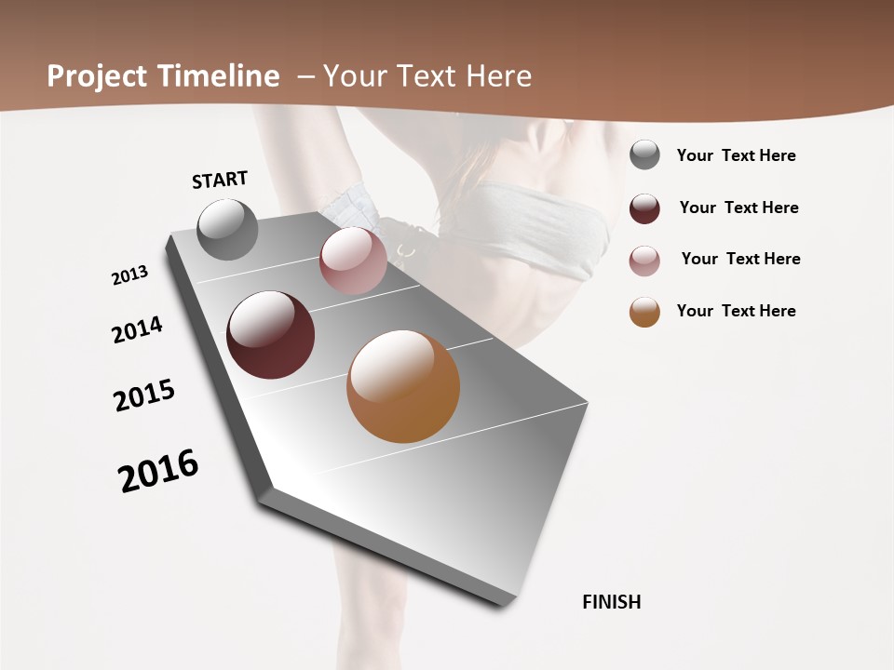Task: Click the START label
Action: [x=220, y=180]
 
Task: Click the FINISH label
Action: [x=611, y=602]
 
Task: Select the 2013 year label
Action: [x=129, y=275]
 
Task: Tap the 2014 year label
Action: [x=137, y=329]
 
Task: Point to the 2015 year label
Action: [x=144, y=395]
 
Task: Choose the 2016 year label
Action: [x=158, y=471]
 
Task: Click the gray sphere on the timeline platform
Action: [x=227, y=229]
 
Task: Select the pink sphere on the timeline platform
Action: [x=353, y=261]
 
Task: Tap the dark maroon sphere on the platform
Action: [x=270, y=335]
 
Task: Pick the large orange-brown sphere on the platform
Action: [x=403, y=386]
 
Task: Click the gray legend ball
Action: [x=644, y=154]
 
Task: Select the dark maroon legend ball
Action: [x=644, y=208]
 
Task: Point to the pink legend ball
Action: [x=644, y=261]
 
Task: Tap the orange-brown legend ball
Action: [x=644, y=312]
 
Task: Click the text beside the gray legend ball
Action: [x=736, y=155]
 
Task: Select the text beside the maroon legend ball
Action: [x=738, y=208]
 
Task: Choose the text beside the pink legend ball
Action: [x=740, y=259]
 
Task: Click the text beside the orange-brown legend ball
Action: [x=736, y=311]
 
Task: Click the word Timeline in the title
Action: [x=218, y=76]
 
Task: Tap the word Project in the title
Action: [x=97, y=76]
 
